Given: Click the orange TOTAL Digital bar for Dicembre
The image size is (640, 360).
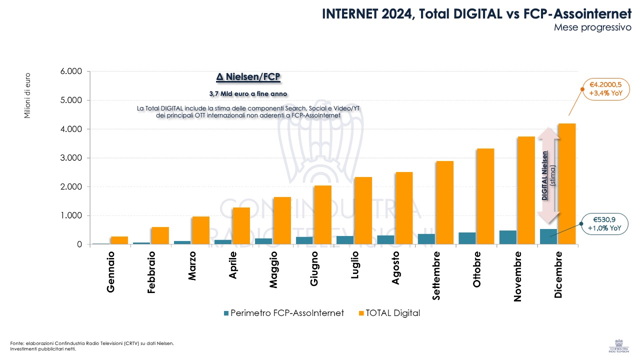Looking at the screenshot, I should coord(567,183).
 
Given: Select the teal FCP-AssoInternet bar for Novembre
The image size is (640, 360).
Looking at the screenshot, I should coord(507,237).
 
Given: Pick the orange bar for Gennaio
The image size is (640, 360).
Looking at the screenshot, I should coord(119,240).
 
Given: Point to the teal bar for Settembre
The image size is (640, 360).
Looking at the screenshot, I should coord(426,239).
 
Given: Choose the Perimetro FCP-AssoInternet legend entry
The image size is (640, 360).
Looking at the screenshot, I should coord(283,313).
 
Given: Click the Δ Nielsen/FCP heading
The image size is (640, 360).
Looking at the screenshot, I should coord(248,77).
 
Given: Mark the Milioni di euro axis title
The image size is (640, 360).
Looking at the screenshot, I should coord(28,95).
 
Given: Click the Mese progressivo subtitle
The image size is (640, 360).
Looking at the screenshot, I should coord(592,27).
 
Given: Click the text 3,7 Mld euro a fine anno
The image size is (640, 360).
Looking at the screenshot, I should coord(248,94).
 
